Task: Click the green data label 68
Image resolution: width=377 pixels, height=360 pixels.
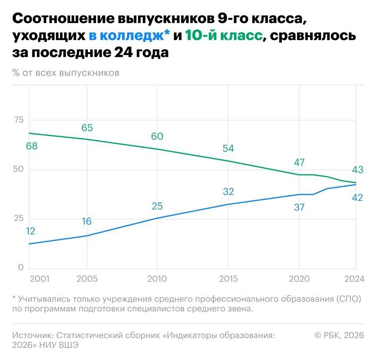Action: [32, 146]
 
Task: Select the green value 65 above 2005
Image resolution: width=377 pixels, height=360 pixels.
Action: [87, 128]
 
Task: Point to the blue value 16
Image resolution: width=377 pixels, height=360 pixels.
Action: [87, 221]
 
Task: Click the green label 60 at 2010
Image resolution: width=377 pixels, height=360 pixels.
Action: [157, 136]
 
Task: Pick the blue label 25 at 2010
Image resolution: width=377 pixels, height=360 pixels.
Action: [157, 206]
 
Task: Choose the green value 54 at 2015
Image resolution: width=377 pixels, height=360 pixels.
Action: [228, 148]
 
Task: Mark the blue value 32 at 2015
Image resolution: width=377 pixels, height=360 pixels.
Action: [228, 192]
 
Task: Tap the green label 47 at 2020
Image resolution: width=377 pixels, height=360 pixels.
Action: [299, 162]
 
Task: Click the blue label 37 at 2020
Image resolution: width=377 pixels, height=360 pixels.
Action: [299, 207]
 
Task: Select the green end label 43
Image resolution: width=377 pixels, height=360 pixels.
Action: [357, 170]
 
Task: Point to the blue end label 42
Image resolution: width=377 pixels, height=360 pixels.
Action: [357, 198]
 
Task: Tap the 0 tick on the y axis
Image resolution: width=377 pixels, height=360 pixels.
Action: [21, 267]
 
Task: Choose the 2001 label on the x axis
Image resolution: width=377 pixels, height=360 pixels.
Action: [39, 279]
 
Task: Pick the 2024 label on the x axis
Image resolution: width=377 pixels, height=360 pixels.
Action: [354, 279]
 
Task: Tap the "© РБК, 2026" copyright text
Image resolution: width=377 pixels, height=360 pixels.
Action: [339, 335]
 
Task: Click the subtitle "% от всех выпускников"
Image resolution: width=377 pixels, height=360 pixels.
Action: [66, 72]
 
